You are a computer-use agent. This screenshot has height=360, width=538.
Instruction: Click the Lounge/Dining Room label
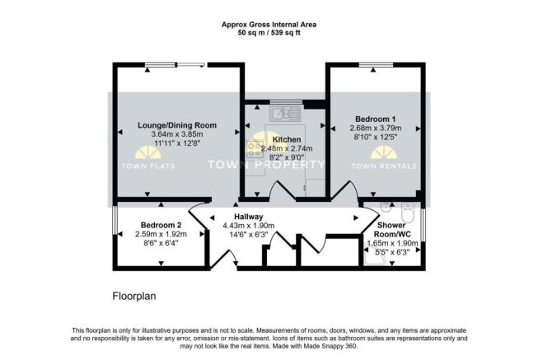click(177, 125)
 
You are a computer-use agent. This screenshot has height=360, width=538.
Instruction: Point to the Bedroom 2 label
click(160, 225)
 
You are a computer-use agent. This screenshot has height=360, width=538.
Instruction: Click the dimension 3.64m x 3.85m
click(177, 134)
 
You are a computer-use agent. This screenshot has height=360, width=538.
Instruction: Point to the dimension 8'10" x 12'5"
click(376, 138)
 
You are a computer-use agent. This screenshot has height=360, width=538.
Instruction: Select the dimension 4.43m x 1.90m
click(248, 225)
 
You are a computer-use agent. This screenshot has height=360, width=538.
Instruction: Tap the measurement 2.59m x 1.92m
click(160, 234)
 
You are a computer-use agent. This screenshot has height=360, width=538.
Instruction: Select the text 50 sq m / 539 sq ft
click(269, 33)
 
